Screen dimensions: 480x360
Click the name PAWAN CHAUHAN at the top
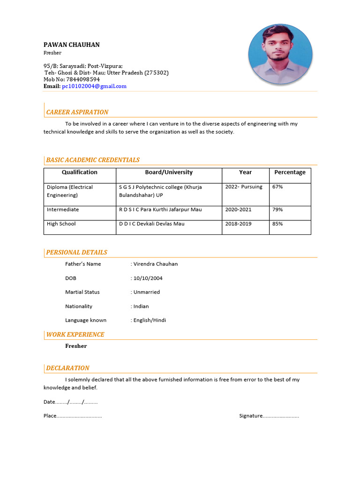click(x=71, y=45)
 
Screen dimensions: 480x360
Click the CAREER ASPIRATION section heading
click(x=77, y=112)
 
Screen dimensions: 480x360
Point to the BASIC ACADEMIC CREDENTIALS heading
click(x=93, y=160)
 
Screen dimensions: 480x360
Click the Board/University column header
click(x=169, y=172)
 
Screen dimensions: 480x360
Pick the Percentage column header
click(x=290, y=172)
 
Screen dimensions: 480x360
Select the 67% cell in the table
click(x=277, y=187)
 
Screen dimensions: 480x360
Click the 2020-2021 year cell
click(x=238, y=210)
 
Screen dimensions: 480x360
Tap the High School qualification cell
click(x=61, y=224)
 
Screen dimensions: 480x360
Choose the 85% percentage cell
click(x=277, y=224)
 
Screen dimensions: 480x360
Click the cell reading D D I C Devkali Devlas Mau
click(x=152, y=224)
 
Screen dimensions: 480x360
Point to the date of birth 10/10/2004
click(x=148, y=278)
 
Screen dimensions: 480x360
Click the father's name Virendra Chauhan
click(x=156, y=264)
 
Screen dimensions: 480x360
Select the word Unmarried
click(x=147, y=292)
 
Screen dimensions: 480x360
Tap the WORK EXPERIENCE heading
click(x=75, y=334)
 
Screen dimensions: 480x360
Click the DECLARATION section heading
click(x=67, y=368)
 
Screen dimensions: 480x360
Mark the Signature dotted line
click(x=281, y=416)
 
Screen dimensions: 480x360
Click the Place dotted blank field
click(x=79, y=416)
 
